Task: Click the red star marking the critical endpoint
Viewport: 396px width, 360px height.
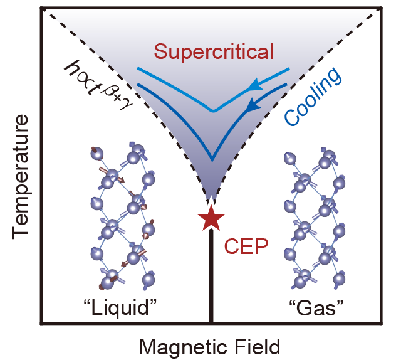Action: click(211, 218)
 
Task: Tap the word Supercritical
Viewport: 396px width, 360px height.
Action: click(214, 51)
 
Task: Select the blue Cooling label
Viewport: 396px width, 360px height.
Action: click(313, 97)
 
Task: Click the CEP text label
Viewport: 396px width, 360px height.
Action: click(246, 246)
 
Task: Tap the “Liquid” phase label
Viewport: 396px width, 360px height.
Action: click(120, 308)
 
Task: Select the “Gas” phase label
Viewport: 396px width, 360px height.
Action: click(316, 308)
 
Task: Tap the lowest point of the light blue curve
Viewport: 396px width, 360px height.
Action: click(214, 111)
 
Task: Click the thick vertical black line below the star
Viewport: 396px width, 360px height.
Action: click(211, 276)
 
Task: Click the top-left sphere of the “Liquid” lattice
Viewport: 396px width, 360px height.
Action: click(97, 154)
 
